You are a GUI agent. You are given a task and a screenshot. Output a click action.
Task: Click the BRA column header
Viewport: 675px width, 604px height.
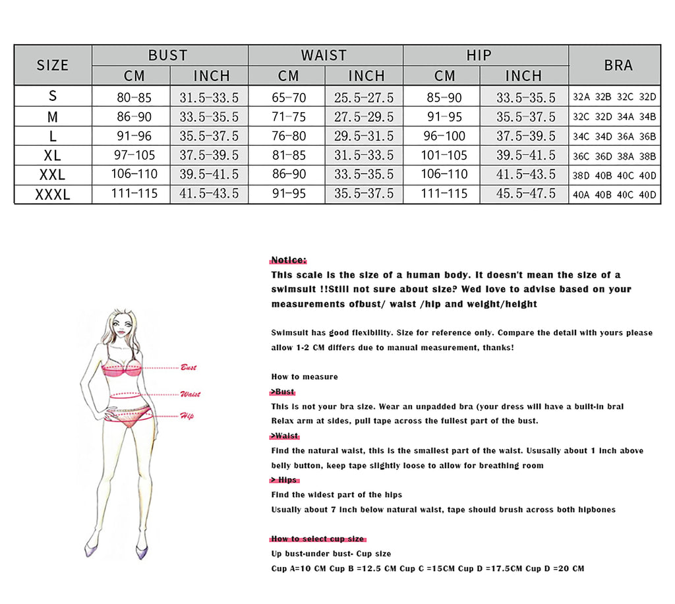click(618, 65)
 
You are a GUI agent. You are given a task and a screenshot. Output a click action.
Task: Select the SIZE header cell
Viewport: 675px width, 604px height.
click(53, 65)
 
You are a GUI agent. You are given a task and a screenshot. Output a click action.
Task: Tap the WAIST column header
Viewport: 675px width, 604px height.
click(325, 55)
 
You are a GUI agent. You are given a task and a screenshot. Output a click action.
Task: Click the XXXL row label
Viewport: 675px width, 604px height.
click(53, 195)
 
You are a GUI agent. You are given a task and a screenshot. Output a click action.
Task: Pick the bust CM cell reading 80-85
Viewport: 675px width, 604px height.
click(134, 97)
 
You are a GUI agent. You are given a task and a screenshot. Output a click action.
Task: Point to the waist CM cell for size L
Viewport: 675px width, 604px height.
click(289, 136)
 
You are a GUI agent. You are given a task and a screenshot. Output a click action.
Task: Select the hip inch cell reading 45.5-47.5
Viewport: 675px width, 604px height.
click(525, 194)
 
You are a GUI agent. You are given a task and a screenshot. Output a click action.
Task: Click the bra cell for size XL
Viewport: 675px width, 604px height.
click(614, 156)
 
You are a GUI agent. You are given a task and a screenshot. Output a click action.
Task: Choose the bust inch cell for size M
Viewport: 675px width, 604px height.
click(209, 117)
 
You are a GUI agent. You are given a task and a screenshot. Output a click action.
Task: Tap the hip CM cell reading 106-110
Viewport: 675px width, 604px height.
click(444, 175)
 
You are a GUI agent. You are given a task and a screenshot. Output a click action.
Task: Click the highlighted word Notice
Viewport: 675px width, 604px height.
click(289, 260)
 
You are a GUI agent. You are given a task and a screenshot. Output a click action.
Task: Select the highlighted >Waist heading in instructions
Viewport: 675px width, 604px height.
click(284, 436)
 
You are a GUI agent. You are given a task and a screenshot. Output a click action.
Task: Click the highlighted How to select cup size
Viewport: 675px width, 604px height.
click(317, 539)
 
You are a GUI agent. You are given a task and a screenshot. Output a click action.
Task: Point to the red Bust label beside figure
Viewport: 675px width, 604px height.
click(189, 367)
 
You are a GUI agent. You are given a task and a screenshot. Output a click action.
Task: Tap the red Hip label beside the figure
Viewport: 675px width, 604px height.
click(187, 416)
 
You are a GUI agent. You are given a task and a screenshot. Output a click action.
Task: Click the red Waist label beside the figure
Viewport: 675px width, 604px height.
click(190, 394)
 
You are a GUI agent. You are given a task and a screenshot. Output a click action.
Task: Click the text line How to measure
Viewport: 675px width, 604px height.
click(305, 377)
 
